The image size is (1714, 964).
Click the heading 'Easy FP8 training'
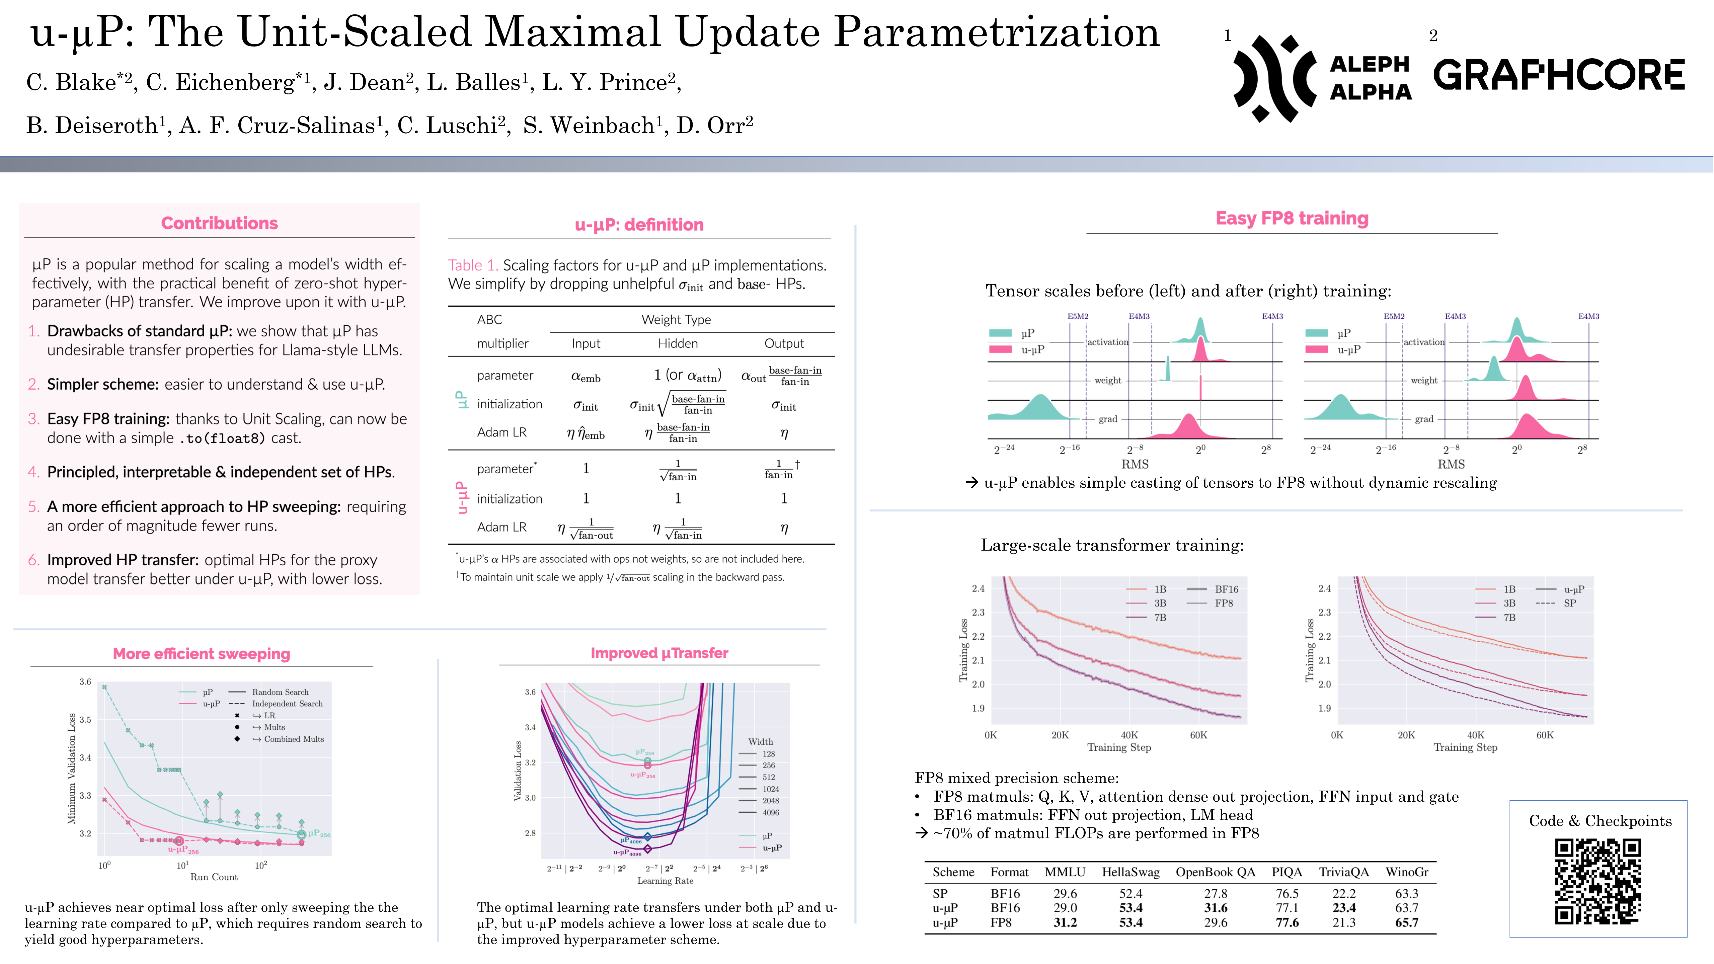[1292, 219]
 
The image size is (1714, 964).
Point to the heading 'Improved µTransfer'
[659, 653]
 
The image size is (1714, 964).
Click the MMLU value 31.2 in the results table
[1065, 923]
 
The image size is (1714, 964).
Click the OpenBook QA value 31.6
[1215, 908]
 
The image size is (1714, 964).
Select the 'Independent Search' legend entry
[287, 704]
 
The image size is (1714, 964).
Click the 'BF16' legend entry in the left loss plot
[1226, 589]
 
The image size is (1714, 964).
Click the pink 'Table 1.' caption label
[472, 265]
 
